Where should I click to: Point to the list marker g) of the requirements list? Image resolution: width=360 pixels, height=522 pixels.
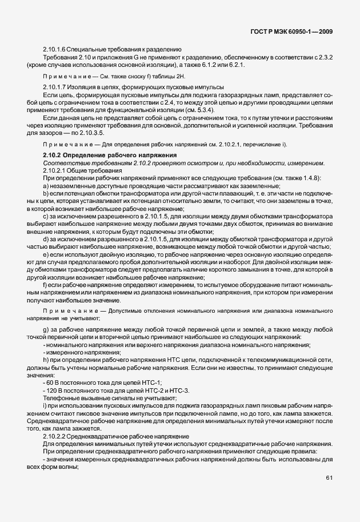[x=45, y=329]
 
